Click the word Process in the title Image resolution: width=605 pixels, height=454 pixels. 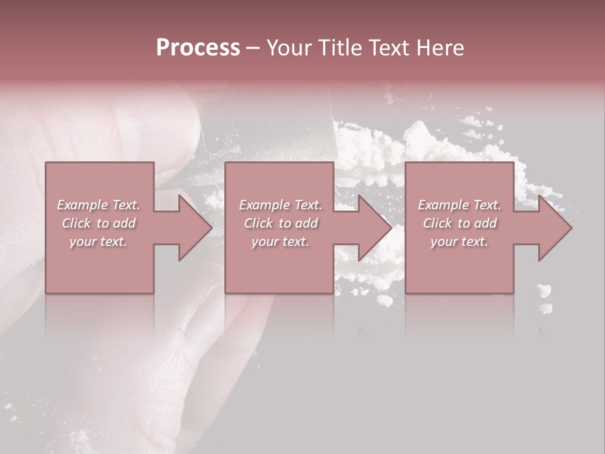tap(198, 48)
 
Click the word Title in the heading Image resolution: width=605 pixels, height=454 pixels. tap(339, 48)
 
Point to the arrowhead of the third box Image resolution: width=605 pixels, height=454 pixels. tap(553, 228)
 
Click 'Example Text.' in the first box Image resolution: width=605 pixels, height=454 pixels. tap(99, 205)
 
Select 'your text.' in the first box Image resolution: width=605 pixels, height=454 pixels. tap(99, 242)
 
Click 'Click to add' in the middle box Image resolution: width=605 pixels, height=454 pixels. tap(280, 223)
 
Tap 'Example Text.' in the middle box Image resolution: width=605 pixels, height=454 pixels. tap(280, 205)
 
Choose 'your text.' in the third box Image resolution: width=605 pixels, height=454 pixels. tap(459, 242)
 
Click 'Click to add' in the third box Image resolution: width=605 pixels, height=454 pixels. tap(459, 223)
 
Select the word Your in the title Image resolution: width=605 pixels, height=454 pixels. tap(289, 48)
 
